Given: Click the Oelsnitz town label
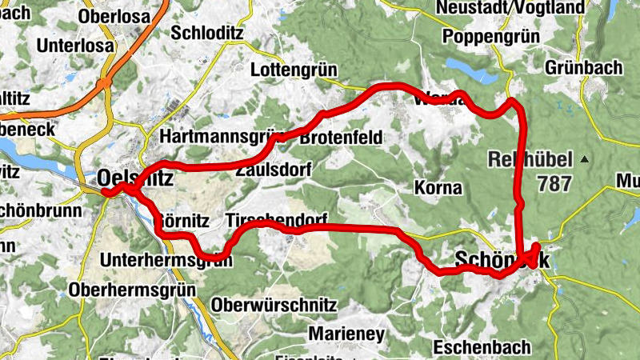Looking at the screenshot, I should pos(134,179).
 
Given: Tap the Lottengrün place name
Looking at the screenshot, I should pos(292,70).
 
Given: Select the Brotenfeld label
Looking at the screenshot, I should pos(341,138).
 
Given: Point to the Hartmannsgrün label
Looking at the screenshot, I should pos(212,138).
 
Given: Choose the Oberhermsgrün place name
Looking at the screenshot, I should pos(133,289).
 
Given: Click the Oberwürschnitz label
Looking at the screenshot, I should pos(274,306).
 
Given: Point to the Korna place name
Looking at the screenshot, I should pos(438,189).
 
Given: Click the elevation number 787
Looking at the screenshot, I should pos(554,183).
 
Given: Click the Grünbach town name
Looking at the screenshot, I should pos(583,68).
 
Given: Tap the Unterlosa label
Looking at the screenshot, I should pos(75,46).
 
